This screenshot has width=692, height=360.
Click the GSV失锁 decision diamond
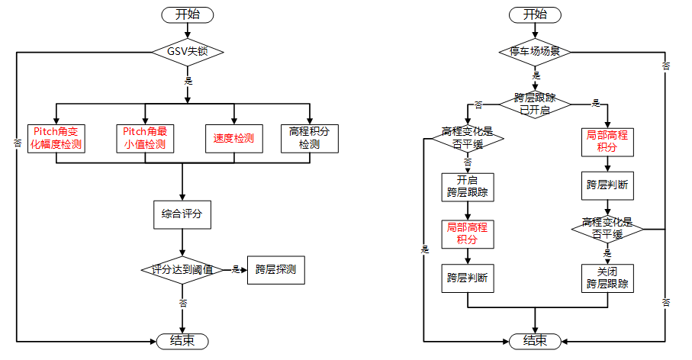click(187, 53)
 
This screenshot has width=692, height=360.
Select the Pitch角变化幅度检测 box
click(56, 138)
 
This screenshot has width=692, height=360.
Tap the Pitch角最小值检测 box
click(144, 138)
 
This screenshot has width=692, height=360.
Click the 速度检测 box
click(233, 138)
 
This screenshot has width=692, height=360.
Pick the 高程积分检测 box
click(310, 138)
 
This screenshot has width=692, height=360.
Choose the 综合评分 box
click(182, 214)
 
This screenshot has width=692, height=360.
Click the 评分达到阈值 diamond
click(182, 269)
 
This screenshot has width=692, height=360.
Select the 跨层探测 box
click(275, 269)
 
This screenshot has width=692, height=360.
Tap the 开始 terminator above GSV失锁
click(188, 14)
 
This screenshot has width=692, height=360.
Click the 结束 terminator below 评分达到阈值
click(182, 340)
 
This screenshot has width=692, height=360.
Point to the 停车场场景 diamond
click(535, 53)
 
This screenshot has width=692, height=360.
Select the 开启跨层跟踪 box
click(467, 187)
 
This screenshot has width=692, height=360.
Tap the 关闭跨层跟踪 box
click(607, 278)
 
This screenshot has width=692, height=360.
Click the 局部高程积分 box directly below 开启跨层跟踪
click(467, 233)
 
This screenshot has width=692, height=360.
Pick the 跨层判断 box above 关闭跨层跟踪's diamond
click(607, 185)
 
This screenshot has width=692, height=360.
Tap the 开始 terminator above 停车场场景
click(535, 14)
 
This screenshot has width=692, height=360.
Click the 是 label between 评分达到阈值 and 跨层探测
click(236, 269)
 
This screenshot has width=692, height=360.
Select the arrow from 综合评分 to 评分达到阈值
click(182, 243)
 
